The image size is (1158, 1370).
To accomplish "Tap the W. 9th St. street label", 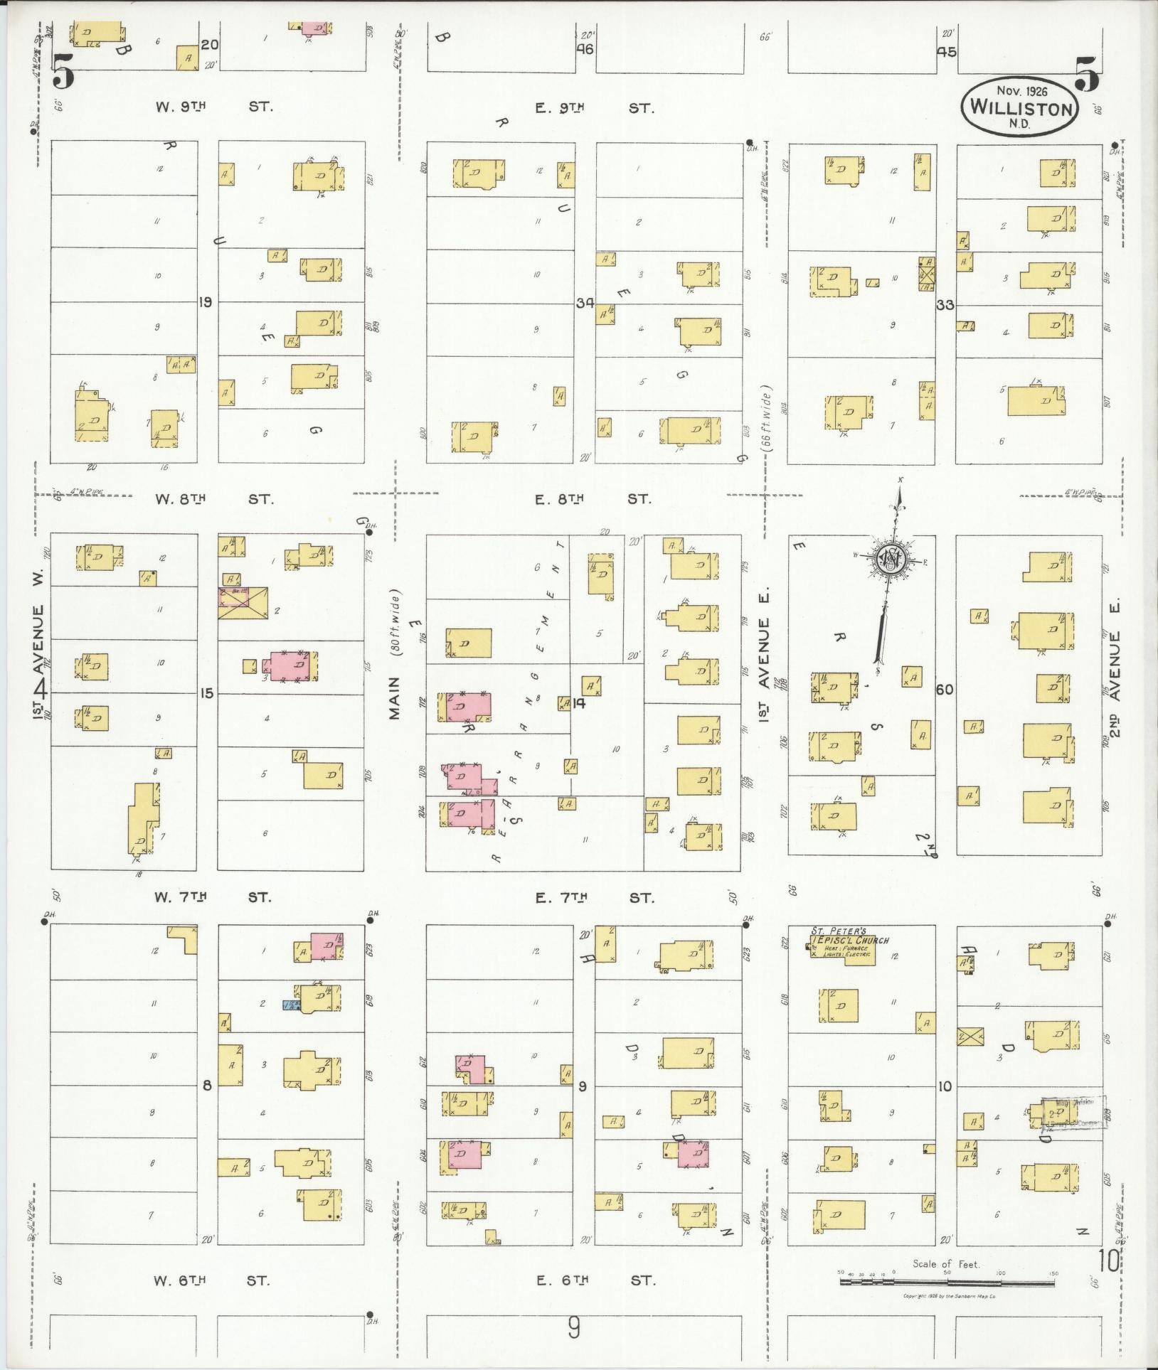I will [x=214, y=107].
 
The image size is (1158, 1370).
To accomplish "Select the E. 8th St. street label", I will [x=593, y=498].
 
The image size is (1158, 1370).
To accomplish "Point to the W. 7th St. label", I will [x=213, y=897].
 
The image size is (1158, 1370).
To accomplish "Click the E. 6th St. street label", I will [x=594, y=1280].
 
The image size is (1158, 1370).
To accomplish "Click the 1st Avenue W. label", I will [x=40, y=661].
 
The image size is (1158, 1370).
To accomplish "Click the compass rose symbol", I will [x=889, y=557].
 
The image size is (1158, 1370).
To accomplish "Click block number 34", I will [x=585, y=303].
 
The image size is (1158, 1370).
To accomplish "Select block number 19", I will [x=206, y=302].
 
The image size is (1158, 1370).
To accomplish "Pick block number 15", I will [x=206, y=693].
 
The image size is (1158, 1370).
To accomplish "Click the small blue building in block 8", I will [x=291, y=1005].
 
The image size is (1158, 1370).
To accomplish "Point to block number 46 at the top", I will [x=585, y=49].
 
